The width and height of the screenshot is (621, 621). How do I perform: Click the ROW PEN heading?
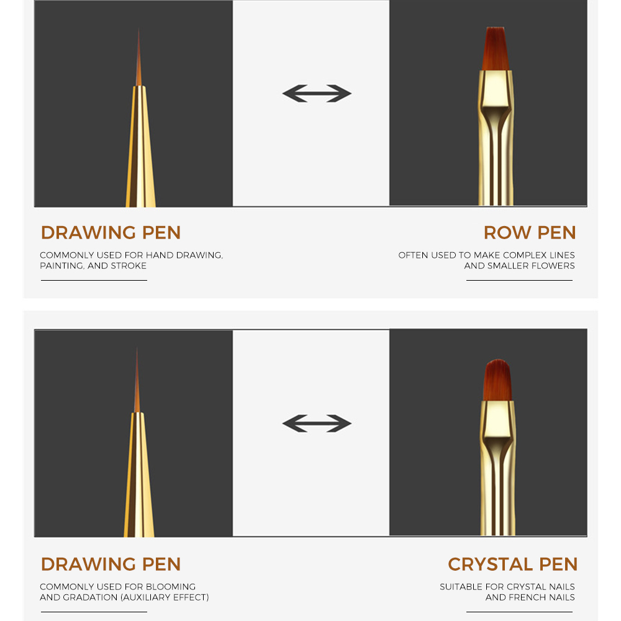point(530,232)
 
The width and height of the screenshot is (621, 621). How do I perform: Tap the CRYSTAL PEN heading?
point(512,564)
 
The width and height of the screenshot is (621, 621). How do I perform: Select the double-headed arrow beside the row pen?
point(317,94)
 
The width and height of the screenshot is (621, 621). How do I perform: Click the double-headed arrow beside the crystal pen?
point(317,424)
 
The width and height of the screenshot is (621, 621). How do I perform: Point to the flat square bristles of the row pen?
point(495,48)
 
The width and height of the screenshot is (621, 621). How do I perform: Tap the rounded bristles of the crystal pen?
point(497,380)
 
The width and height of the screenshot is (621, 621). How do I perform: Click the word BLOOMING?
point(170,587)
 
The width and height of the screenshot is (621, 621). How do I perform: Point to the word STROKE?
point(129,266)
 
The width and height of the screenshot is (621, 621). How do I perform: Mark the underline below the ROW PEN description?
point(519,281)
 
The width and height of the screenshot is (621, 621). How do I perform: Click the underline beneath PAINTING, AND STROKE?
point(94,281)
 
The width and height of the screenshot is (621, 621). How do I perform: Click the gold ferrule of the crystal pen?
point(498,468)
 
